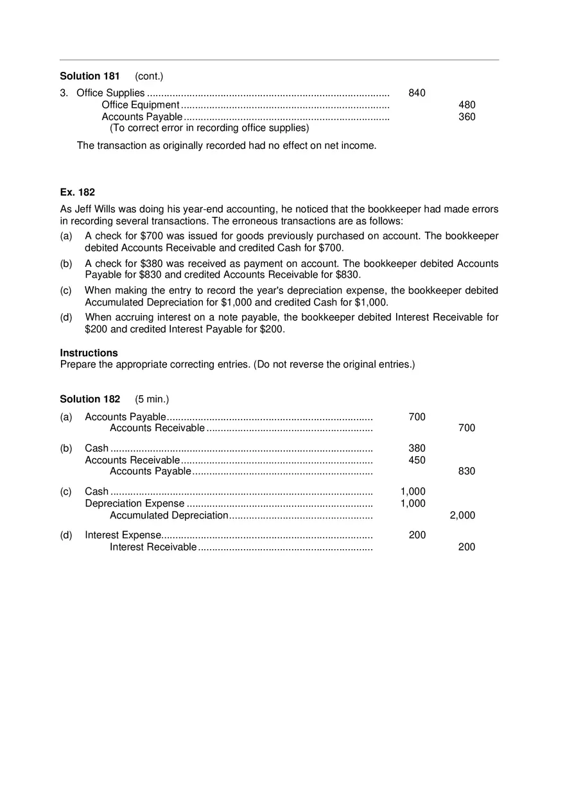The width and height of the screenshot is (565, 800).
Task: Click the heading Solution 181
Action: point(89,76)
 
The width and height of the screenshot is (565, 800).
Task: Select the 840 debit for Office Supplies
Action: point(417,93)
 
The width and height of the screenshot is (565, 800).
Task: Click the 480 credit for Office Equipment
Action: point(467,105)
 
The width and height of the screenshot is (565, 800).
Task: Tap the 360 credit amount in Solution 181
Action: point(467,117)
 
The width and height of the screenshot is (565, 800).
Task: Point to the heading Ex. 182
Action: point(78,192)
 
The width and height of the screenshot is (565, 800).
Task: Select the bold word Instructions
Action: point(89,353)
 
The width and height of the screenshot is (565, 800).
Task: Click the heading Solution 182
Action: point(90,399)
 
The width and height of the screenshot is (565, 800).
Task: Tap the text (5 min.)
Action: point(152,399)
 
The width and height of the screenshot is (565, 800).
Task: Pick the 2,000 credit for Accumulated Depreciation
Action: point(462,515)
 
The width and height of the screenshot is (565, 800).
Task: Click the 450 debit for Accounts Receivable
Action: point(417,460)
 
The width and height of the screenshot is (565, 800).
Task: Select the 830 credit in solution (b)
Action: point(467,472)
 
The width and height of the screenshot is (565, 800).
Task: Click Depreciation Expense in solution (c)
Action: point(134,504)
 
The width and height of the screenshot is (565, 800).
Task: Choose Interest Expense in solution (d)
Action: point(123,535)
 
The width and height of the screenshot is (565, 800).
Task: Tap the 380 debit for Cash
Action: point(417,448)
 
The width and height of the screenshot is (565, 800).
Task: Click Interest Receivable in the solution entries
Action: point(153,547)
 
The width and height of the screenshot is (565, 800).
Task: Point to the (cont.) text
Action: point(149,76)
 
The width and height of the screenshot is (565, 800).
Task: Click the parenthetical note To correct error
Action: point(209,128)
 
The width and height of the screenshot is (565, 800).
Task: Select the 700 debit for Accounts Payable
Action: point(417,417)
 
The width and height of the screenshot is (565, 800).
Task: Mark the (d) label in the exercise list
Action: point(66,317)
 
